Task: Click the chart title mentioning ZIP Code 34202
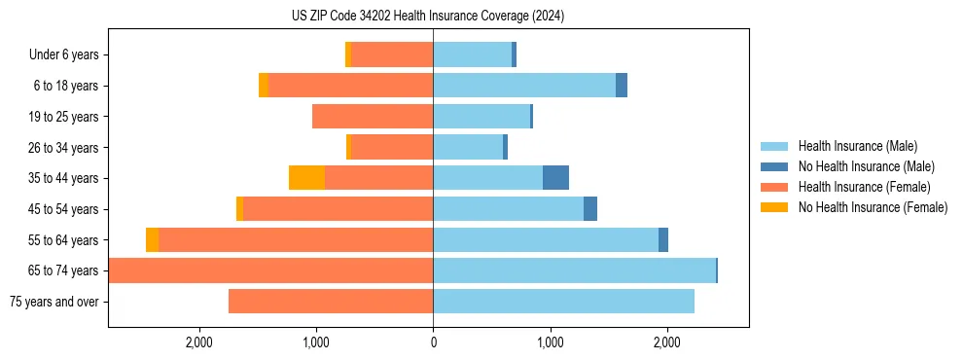click(427, 17)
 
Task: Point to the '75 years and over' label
click(53, 302)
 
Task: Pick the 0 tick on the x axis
click(433, 342)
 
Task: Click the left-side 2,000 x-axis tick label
click(198, 342)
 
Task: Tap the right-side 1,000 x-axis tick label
click(551, 342)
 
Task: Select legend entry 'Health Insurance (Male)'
click(857, 146)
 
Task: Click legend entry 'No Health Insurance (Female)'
click(873, 207)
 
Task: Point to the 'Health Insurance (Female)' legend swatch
click(774, 187)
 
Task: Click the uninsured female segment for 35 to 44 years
click(306, 178)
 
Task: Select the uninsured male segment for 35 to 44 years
click(555, 178)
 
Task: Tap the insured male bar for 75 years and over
click(563, 302)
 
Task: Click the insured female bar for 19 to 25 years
click(373, 117)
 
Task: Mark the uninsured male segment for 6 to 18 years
click(622, 86)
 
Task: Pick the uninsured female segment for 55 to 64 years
click(152, 240)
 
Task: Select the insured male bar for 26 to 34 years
click(468, 148)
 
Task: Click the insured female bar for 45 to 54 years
click(338, 209)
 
